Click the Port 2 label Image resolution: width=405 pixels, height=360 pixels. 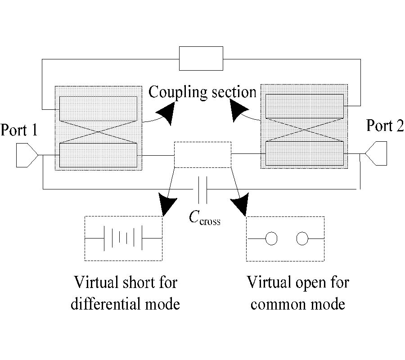[x=385, y=126]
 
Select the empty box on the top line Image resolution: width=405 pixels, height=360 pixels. [x=201, y=58]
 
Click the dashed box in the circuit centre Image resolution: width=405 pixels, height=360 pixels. [x=202, y=155]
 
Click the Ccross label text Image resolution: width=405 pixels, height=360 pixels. [x=205, y=218]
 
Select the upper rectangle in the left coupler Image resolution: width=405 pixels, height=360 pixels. [x=98, y=108]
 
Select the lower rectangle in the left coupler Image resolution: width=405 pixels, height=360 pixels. [x=98, y=155]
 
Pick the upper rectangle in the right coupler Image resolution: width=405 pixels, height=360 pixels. [x=305, y=106]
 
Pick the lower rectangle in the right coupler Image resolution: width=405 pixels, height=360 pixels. [x=305, y=153]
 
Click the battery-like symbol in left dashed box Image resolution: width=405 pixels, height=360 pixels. [x=123, y=238]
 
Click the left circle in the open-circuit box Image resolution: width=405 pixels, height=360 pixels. [x=271, y=238]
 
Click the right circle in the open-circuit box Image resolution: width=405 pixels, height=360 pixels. [x=302, y=238]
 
